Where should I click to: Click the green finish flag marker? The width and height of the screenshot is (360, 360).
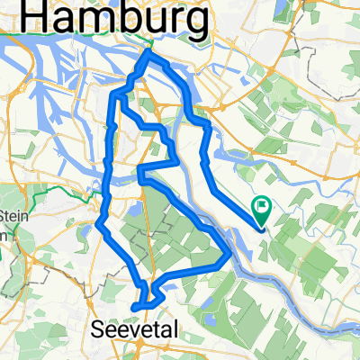263,207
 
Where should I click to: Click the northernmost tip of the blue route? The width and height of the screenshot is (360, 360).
148,54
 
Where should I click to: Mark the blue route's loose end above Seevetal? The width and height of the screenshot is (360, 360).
134,308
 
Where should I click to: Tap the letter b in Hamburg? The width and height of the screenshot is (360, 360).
141,16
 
